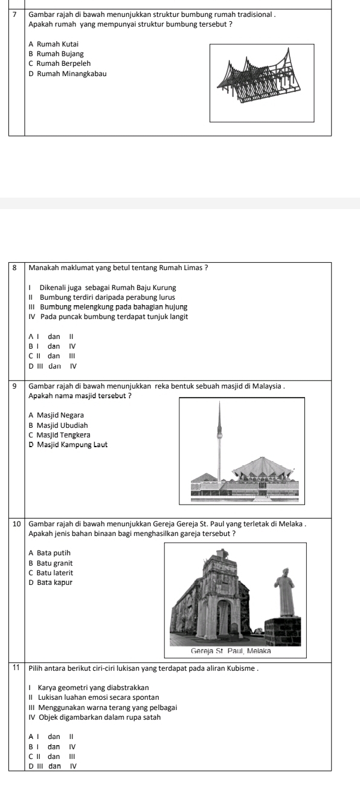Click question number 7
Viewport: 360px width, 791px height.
pyautogui.click(x=14, y=15)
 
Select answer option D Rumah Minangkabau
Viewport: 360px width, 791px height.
pyautogui.click(x=68, y=74)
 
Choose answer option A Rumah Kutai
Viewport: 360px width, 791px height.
pyautogui.click(x=54, y=44)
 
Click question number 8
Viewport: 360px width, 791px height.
pyautogui.click(x=14, y=268)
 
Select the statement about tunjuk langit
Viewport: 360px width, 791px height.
pyautogui.click(x=108, y=317)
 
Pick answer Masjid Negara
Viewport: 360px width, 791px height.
pyautogui.click(x=56, y=415)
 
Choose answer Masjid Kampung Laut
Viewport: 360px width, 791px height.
pyautogui.click(x=68, y=445)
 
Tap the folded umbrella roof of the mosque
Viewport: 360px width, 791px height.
pyautogui.click(x=263, y=467)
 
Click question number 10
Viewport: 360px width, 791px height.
pyautogui.click(x=16, y=524)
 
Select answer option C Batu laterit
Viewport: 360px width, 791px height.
pyautogui.click(x=51, y=573)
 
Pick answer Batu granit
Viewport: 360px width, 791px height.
pyautogui.click(x=51, y=563)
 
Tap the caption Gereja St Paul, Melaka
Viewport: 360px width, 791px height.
pyautogui.click(x=231, y=651)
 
